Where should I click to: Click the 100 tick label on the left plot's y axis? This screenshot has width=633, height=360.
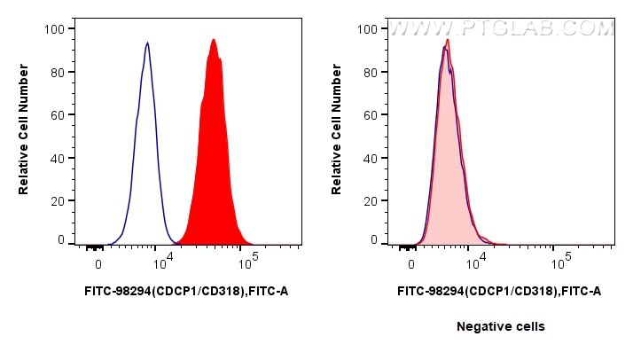53,29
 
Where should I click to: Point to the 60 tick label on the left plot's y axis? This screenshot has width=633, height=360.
56,115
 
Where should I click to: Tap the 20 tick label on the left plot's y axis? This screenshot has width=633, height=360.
56,200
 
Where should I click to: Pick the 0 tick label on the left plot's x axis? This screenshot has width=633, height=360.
98,264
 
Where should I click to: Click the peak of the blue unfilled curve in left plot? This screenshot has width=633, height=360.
147,43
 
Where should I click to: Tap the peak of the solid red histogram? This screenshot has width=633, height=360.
213,40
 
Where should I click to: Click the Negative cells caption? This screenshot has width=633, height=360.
500,326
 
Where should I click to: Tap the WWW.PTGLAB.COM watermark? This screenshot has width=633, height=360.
502,29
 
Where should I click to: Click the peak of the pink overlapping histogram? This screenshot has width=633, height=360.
449,41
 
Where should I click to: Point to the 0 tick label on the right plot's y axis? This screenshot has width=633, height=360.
372,239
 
